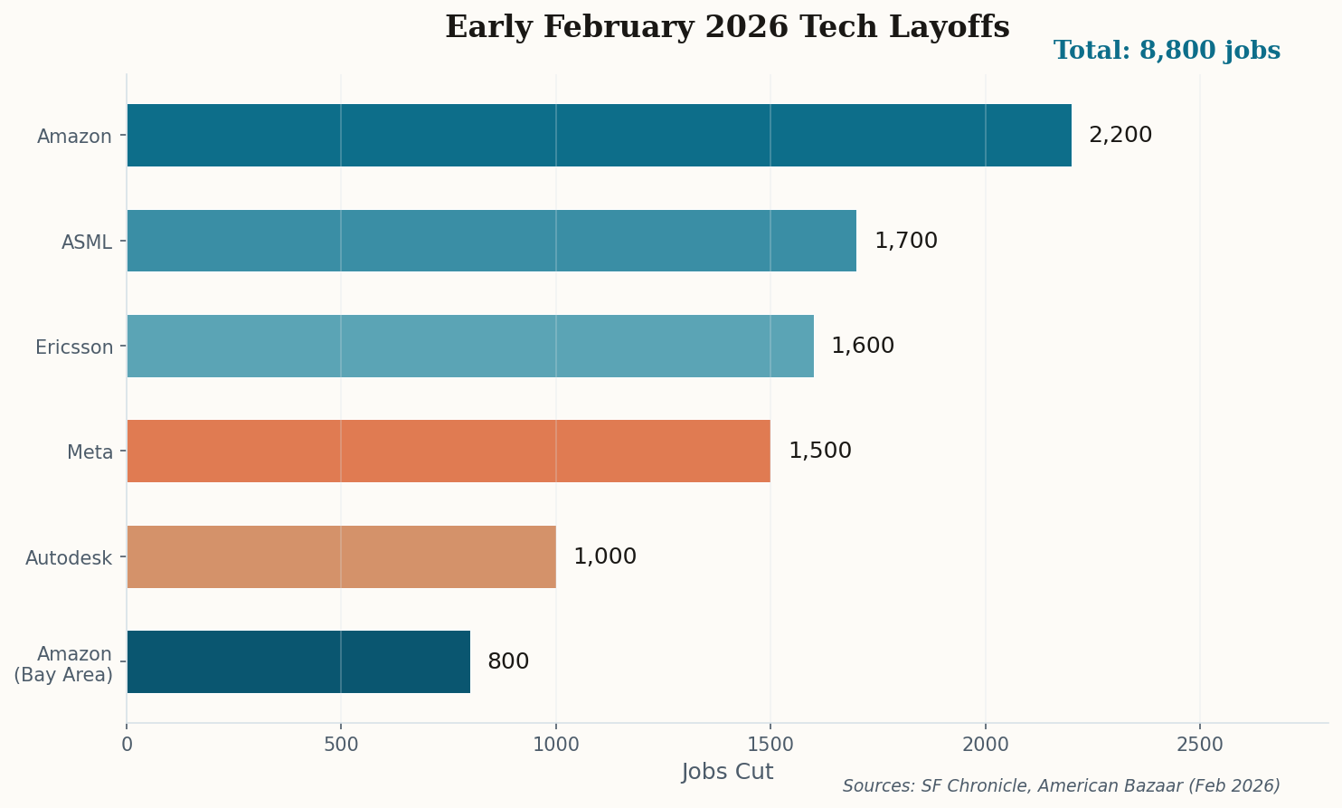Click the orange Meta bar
pos(449,451)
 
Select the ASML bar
pos(491,241)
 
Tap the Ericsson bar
pos(470,346)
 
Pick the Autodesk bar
pos(341,556)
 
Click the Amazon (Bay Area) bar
pos(298,661)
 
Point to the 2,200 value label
pos(1120,135)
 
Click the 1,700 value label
pos(905,241)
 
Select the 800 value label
pos(508,661)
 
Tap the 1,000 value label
pos(605,556)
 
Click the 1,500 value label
pos(819,451)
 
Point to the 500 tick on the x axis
pos(341,745)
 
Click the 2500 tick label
pos(1199,745)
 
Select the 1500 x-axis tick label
pos(770,745)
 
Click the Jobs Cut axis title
pos(727,772)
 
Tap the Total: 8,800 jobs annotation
pos(1167,51)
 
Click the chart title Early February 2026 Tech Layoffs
pos(727,27)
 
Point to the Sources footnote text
pos(1061,785)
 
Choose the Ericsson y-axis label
pos(74,347)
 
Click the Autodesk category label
pos(69,557)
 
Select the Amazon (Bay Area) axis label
pos(63,664)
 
